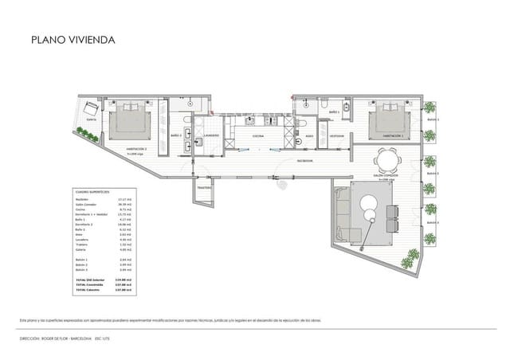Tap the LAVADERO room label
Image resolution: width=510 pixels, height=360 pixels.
pyautogui.click(x=210, y=136)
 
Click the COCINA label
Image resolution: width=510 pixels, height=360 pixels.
pyautogui.click(x=258, y=137)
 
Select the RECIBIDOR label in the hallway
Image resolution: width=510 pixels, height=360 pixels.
pyautogui.click(x=304, y=160)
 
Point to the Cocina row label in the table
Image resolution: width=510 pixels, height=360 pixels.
pyautogui.click(x=80, y=209)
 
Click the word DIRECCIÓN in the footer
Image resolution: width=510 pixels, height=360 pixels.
pyautogui.click(x=31, y=338)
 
